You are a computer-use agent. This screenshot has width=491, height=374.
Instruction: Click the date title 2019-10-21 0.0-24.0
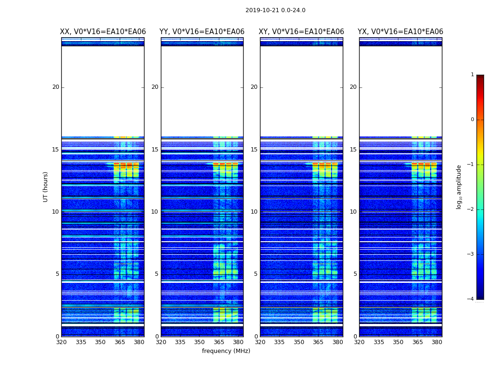[275, 10]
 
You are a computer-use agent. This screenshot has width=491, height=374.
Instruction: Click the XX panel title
[103, 32]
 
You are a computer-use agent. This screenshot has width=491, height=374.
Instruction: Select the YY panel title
[202, 32]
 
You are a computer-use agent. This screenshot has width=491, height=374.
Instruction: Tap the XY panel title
[302, 32]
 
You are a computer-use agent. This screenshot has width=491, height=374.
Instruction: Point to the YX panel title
[400, 32]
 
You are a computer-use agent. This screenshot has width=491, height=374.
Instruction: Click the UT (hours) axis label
[46, 187]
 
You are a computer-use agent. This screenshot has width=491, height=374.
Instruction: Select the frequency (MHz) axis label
[226, 351]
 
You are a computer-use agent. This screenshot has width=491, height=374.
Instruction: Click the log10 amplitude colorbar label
[459, 187]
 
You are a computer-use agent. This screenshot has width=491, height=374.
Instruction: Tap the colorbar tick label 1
[472, 75]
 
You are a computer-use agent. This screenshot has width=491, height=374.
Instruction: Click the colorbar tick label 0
[472, 120]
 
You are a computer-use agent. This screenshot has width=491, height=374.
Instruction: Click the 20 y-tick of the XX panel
[56, 87]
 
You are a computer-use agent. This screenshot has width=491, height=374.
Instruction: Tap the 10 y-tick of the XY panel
[254, 212]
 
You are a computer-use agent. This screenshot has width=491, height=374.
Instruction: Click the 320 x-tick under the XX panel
[61, 342]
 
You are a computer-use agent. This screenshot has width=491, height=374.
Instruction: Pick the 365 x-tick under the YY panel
[219, 342]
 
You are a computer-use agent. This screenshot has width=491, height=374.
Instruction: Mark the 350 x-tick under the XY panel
[299, 342]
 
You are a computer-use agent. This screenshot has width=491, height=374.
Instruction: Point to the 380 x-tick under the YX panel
[437, 342]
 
